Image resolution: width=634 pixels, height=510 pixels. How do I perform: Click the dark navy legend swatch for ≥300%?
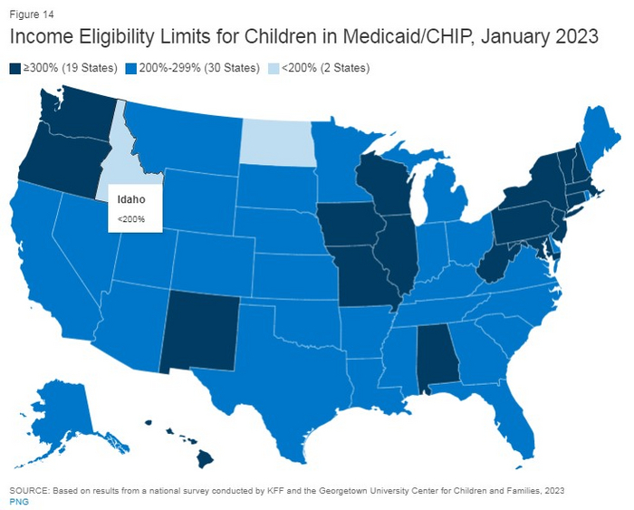pyautogui.click(x=14, y=68)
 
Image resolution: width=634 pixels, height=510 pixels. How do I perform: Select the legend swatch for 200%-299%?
pyautogui.click(x=131, y=68)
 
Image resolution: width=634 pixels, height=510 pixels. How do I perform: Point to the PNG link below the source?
pyautogui.click(x=18, y=501)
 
